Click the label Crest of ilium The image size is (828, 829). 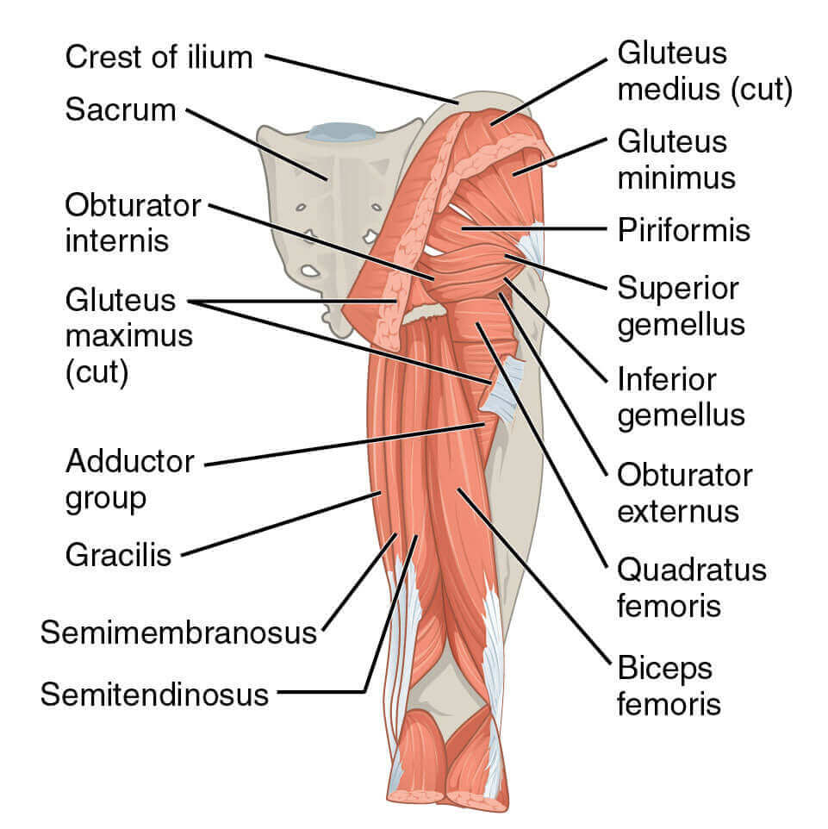click(159, 58)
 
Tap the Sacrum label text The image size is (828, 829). click(121, 110)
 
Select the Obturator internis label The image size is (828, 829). click(133, 222)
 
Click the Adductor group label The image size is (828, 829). click(129, 479)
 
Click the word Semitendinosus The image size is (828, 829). click(154, 694)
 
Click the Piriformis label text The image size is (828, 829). click(683, 230)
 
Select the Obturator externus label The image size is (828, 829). click(684, 493)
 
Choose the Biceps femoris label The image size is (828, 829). click(669, 685)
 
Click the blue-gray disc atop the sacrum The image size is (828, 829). click(341, 132)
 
